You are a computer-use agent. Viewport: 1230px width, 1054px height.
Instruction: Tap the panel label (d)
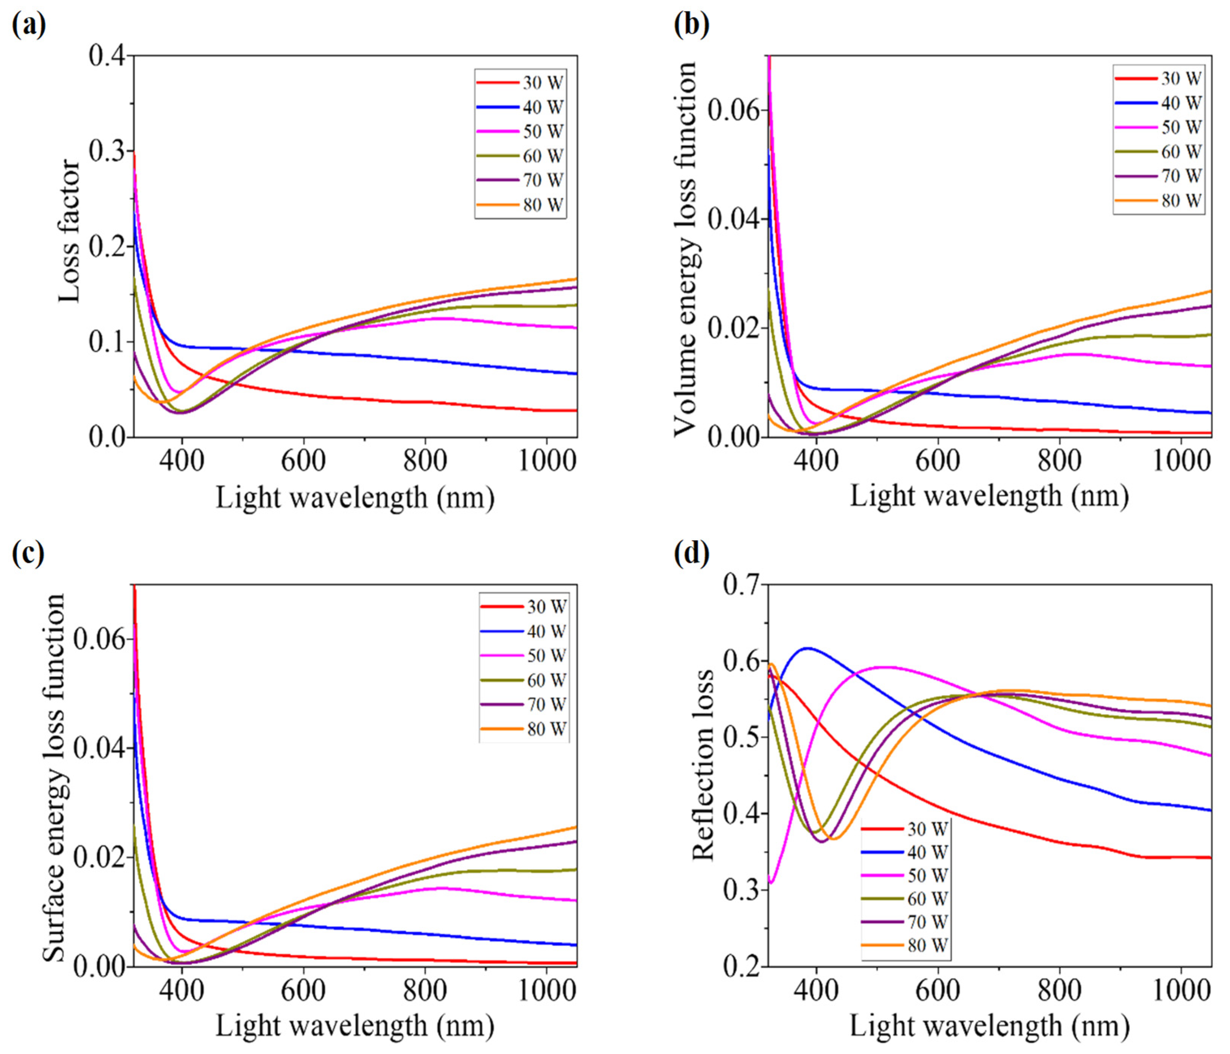(x=692, y=553)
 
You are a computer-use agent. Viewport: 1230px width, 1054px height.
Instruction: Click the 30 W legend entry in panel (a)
(x=521, y=82)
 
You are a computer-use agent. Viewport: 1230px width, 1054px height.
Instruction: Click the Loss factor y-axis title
(x=70, y=230)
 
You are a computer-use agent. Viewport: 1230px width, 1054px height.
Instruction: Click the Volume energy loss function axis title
(x=687, y=248)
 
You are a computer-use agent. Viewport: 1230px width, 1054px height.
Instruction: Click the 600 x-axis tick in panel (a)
(x=303, y=461)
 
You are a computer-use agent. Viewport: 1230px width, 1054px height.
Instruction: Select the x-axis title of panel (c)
(x=355, y=1026)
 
